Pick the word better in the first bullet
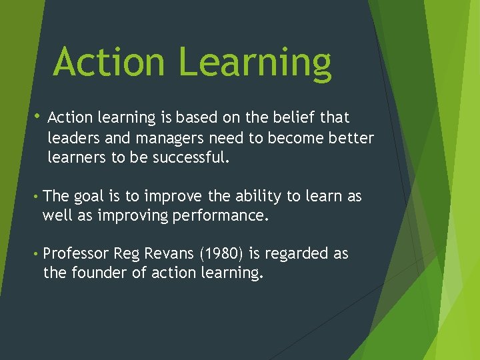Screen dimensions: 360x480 [x=351, y=138]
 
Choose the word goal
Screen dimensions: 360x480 [x=89, y=197]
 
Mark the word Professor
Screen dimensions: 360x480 [x=76, y=254]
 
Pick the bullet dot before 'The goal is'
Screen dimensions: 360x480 [x=34, y=197]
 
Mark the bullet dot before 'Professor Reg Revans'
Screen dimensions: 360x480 [x=34, y=254]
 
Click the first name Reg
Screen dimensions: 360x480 [x=127, y=254]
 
